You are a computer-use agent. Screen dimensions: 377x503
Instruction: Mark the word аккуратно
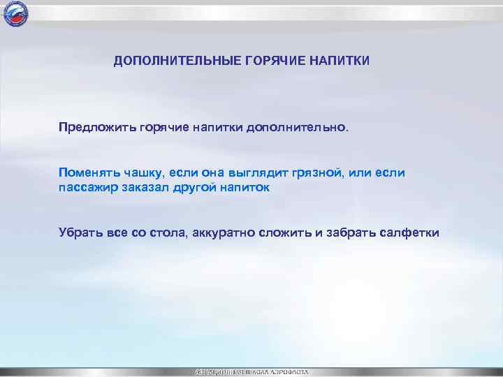pyautogui.click(x=222, y=232)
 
